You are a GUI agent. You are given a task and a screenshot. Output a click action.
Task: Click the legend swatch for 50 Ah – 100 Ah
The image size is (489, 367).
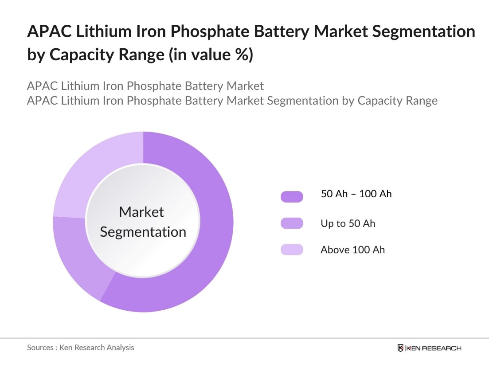[x=292, y=196]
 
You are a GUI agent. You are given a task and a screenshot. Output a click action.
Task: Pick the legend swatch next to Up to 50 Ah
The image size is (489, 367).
[x=292, y=223]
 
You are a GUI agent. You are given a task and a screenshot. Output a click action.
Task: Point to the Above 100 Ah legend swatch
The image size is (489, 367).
[x=292, y=250]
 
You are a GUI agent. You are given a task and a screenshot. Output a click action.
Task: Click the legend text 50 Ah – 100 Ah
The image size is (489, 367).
[x=356, y=194]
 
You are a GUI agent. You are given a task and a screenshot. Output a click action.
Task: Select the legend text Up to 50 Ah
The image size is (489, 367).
[x=348, y=223]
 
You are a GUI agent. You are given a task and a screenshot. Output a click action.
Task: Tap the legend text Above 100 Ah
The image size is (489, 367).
[x=352, y=250]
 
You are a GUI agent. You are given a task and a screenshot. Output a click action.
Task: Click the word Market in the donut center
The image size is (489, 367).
[x=141, y=212]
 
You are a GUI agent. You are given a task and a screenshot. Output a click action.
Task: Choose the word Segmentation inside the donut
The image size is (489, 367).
[x=143, y=232]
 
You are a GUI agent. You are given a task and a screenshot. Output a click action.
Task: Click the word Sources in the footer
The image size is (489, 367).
[x=40, y=347]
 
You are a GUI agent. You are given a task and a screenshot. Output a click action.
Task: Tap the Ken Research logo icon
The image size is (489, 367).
[x=401, y=348]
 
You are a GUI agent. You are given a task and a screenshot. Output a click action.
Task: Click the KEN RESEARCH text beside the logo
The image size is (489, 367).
[x=434, y=348]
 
